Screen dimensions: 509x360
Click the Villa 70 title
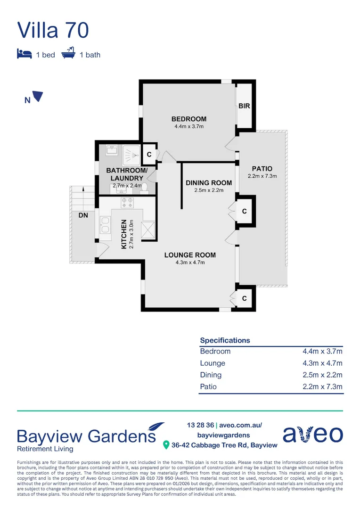(x=53, y=30)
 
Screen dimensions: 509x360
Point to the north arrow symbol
(x=38, y=96)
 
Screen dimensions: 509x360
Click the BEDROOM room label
(x=188, y=119)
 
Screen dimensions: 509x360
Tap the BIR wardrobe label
(x=244, y=107)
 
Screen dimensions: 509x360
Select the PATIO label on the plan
(x=262, y=169)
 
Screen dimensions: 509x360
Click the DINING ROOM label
(x=208, y=183)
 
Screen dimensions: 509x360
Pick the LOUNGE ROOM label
(x=190, y=255)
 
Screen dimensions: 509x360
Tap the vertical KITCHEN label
(x=124, y=234)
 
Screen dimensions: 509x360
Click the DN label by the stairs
(x=82, y=215)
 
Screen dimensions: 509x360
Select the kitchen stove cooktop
(x=127, y=203)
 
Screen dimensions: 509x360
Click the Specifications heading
(x=225, y=340)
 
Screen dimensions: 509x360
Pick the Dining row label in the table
(x=211, y=375)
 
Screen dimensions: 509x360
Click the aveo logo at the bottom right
(x=312, y=434)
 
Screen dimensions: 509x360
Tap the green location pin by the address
(x=166, y=445)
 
